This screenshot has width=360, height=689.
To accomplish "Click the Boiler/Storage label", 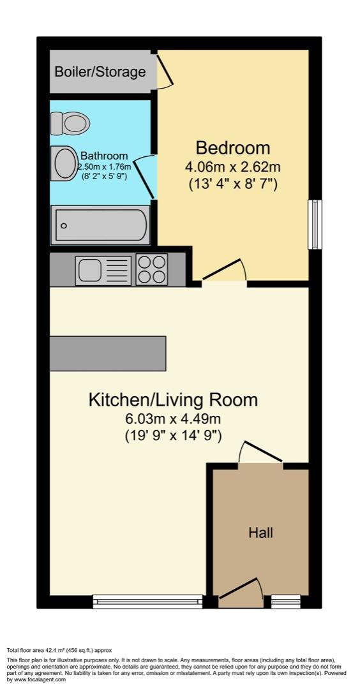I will tap(100, 71).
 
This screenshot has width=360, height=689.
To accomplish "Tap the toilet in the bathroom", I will tap(70, 123).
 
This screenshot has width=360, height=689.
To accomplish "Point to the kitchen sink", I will tap(103, 270).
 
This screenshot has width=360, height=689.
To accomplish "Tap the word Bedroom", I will tap(233, 148).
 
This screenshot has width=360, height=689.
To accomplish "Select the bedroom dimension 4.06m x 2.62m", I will tap(233, 167).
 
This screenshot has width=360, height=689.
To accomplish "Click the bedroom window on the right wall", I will tap(314, 225).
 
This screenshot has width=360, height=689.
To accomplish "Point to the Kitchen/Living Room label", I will tap(173, 400).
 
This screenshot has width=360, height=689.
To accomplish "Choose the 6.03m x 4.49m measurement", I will tap(173, 420).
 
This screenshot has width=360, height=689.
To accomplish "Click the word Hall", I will tap(260, 532).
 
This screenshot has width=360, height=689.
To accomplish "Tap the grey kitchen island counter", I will tap(108, 353).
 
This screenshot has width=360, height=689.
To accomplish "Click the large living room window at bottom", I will tap(147, 599).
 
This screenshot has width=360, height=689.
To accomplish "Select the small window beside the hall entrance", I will tap(285, 599).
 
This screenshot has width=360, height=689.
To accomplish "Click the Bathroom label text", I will tap(104, 156).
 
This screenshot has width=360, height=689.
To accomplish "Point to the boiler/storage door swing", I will tap(164, 71).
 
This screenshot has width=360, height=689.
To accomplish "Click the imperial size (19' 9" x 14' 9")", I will tap(173, 438).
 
